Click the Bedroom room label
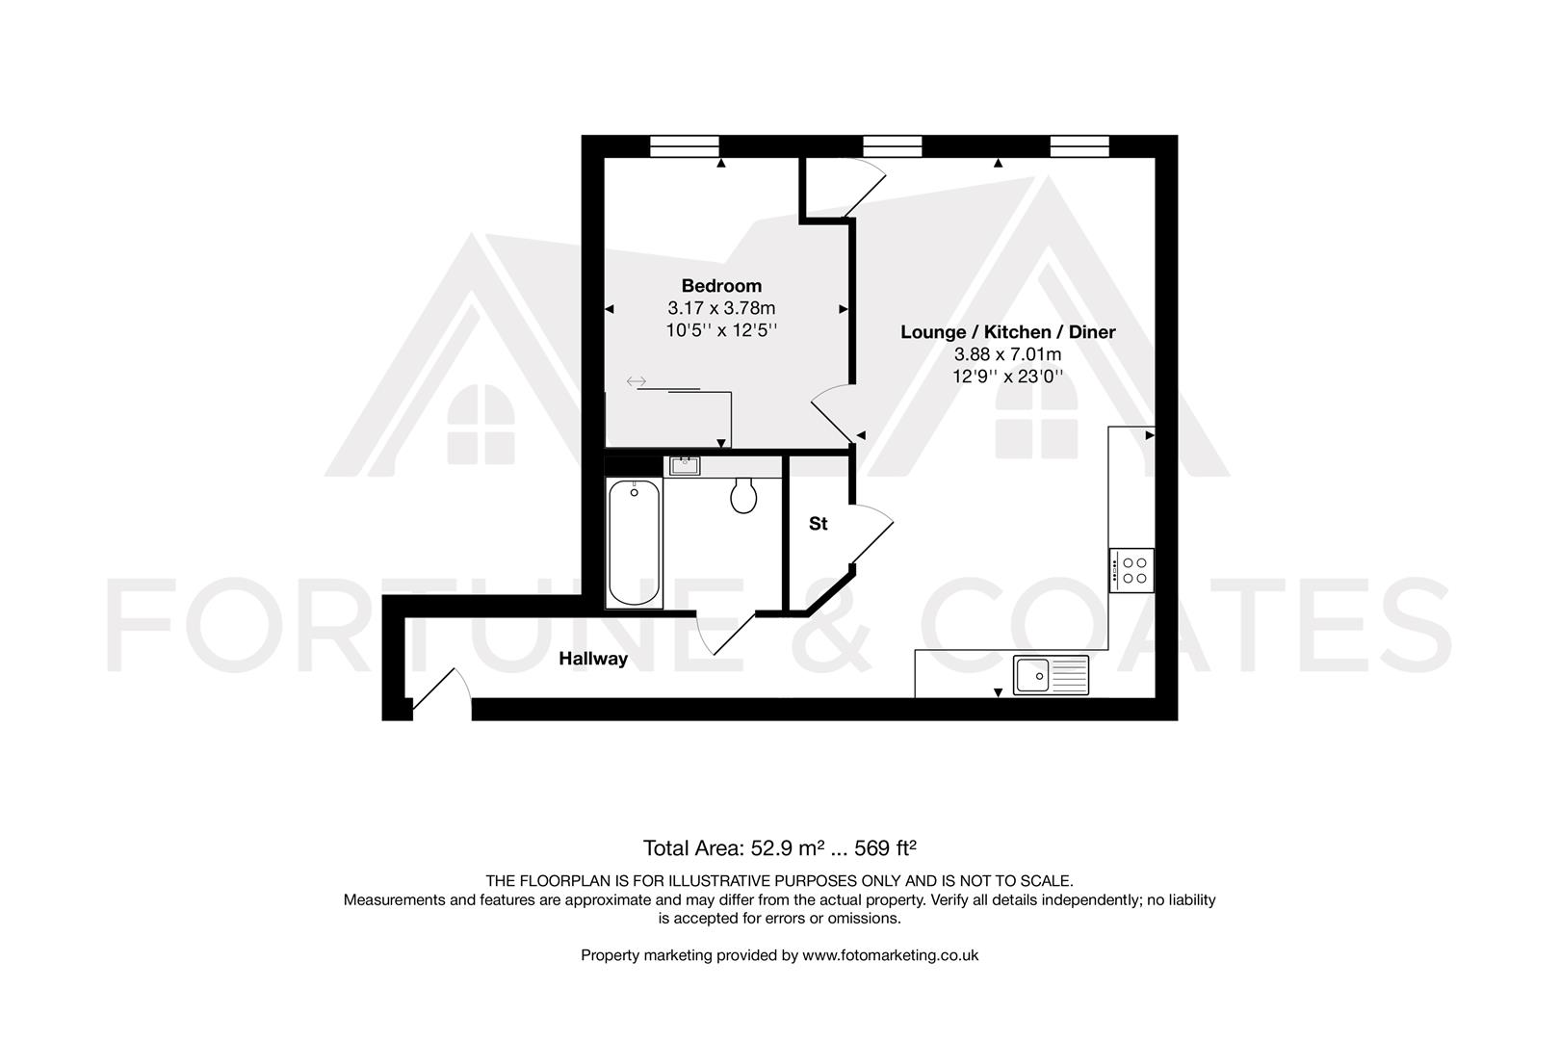(721, 285)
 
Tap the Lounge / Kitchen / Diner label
(1007, 331)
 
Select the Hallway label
(593, 659)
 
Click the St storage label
(818, 524)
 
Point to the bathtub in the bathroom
(635, 544)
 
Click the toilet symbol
(743, 495)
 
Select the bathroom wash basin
(685, 466)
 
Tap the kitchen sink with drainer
(1051, 675)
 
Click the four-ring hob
(1131, 569)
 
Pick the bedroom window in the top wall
(685, 146)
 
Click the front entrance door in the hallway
(440, 691)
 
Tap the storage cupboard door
(872, 534)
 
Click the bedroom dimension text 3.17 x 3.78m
(721, 308)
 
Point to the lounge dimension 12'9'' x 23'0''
(1007, 377)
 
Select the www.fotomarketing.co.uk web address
(890, 955)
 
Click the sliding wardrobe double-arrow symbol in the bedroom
(636, 382)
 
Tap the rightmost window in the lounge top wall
(1079, 146)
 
